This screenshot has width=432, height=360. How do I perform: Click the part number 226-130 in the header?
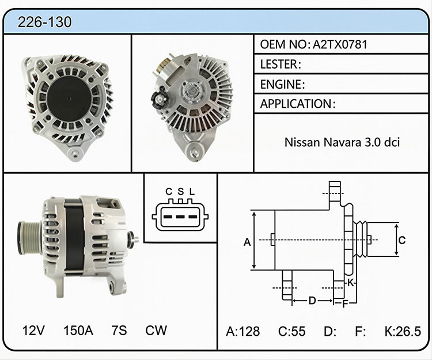(x=44, y=22)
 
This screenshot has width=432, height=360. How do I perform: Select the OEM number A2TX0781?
(x=340, y=44)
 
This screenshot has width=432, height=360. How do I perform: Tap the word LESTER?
(x=279, y=64)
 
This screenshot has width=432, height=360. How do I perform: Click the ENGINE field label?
(x=281, y=84)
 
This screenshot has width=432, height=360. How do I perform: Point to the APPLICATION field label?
(x=296, y=104)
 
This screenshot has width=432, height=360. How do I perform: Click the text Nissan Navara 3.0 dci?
(x=342, y=142)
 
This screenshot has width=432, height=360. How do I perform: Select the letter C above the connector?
(x=169, y=191)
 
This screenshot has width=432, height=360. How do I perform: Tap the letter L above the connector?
(x=192, y=191)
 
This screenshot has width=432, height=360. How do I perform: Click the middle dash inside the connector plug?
(x=180, y=217)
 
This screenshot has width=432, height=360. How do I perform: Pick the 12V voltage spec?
(x=33, y=330)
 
